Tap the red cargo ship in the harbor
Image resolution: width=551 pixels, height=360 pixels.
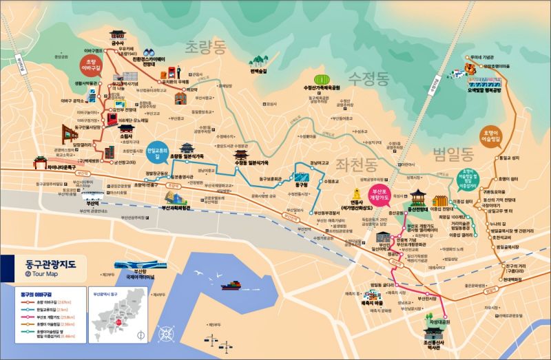coord(232,284)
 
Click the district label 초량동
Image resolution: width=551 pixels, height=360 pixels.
coord(205,47)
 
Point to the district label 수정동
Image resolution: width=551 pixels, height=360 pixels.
coord(368,75)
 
